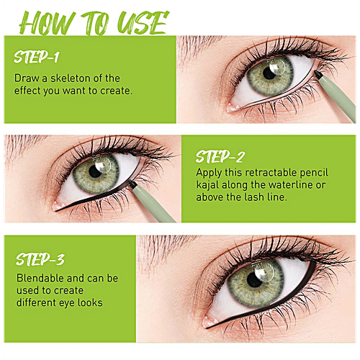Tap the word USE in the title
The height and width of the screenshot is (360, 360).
142,23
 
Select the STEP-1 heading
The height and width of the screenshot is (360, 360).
37,57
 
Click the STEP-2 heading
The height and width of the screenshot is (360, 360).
220,156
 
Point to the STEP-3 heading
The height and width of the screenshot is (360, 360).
40,259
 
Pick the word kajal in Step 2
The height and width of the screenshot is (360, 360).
208,186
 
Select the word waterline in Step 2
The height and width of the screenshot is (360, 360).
290,185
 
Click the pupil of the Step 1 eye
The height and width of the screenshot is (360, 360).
269,73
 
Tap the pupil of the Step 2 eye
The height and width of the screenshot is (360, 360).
95,171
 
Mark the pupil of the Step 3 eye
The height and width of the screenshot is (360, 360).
254,280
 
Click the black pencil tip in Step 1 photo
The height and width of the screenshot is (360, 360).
318,74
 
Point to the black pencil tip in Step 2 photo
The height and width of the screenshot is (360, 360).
132,184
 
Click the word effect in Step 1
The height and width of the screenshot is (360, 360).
27,91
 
